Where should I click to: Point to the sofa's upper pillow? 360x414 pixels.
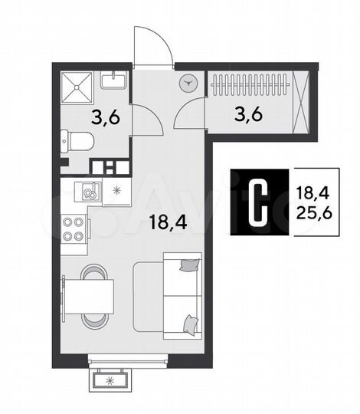188,266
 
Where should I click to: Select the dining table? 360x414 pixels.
87,296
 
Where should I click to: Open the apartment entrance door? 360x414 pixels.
152,48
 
